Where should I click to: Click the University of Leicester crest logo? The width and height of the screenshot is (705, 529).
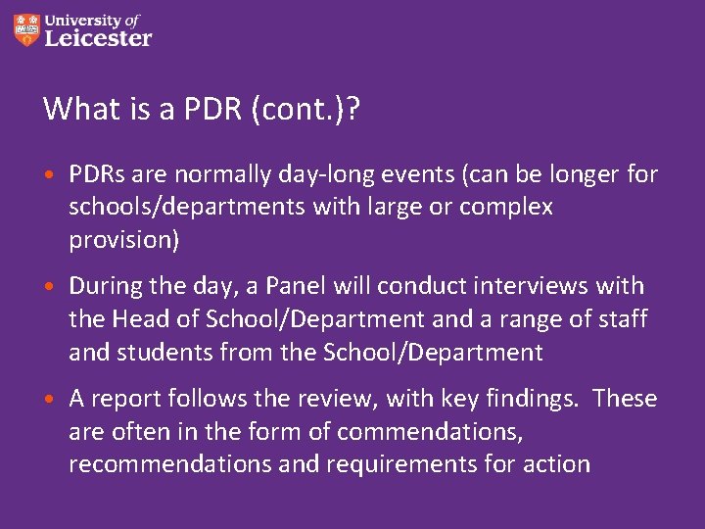pyautogui.click(x=27, y=29)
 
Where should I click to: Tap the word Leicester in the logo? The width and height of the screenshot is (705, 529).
pyautogui.click(x=98, y=38)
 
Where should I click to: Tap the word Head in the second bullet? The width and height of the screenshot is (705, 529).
pyautogui.click(x=141, y=319)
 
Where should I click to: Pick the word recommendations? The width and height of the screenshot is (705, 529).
pyautogui.click(x=169, y=463)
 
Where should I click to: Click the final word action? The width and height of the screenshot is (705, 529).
pyautogui.click(x=556, y=463)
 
